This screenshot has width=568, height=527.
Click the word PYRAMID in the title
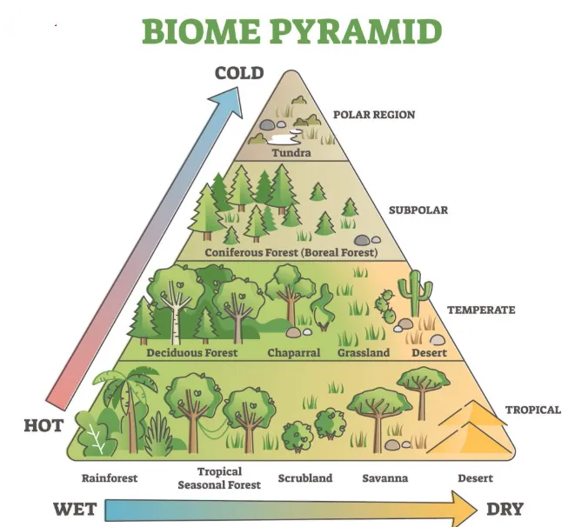coord(357,31)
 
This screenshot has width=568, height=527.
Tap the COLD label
coord(239,73)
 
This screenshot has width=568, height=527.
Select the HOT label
coord(43,426)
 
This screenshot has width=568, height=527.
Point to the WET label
coord(74,509)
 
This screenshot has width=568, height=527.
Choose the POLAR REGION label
coord(374,115)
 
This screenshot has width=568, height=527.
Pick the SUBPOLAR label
coord(418,210)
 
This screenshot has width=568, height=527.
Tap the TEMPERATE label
coord(481,310)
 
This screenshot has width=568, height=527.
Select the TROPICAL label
coord(532,410)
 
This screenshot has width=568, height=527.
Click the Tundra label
coord(291,153)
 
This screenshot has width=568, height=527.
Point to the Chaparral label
coord(293,353)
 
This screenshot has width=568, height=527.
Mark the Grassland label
coord(364,353)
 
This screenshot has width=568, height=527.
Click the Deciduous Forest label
coord(192,353)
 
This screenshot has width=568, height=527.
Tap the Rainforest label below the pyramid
coord(110,478)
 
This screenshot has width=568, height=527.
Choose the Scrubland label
coord(305,478)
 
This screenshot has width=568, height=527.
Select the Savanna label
coord(384,478)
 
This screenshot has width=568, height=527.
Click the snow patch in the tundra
coord(284,137)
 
